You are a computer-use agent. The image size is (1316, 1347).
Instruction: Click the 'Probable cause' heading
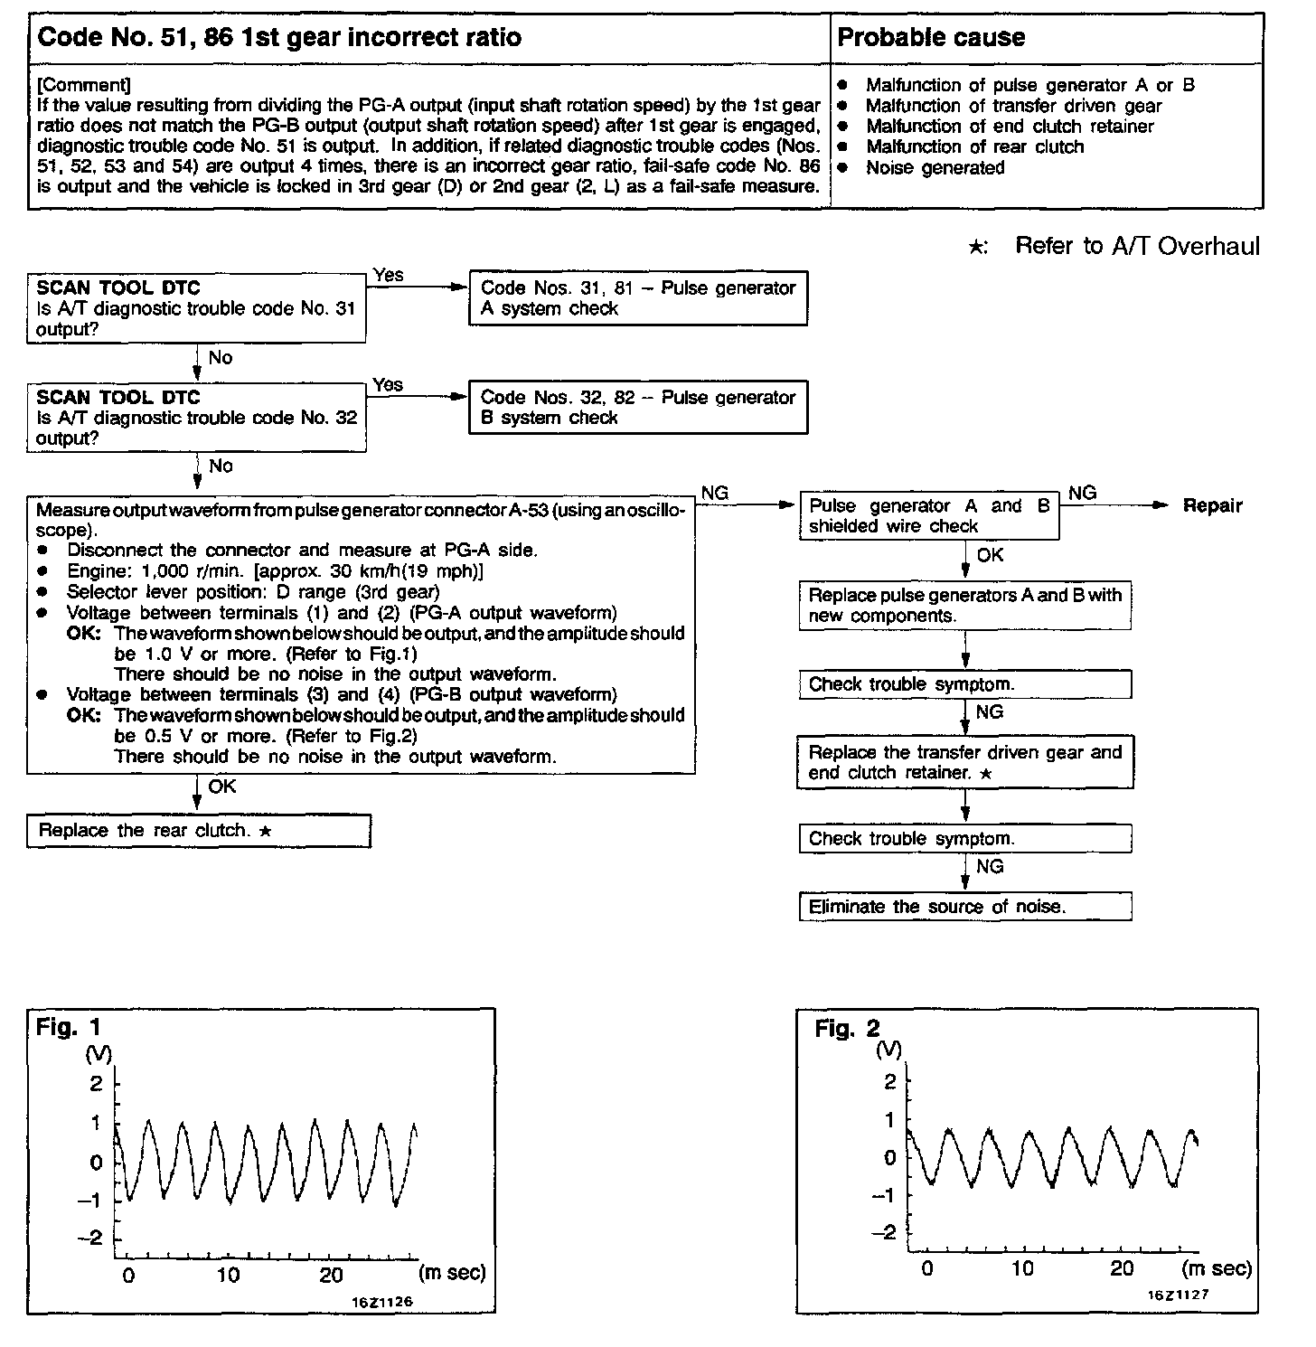click(931, 38)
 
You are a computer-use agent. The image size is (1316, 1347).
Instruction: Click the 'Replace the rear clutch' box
click(199, 831)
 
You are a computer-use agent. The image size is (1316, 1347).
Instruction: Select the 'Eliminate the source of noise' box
click(964, 907)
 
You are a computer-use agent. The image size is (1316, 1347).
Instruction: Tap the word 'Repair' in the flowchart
click(1212, 506)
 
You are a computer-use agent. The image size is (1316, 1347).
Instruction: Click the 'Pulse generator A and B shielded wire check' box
click(928, 516)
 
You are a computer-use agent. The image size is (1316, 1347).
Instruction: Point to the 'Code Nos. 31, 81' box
click(637, 298)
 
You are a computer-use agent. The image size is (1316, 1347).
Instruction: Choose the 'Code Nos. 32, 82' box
click(637, 408)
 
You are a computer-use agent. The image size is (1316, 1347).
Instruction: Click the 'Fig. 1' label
click(69, 1027)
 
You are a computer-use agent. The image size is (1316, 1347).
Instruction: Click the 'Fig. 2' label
click(847, 1029)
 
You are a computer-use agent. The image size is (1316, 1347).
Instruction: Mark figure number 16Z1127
click(1178, 1294)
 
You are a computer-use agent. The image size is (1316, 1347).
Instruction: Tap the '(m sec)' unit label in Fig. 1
click(453, 1273)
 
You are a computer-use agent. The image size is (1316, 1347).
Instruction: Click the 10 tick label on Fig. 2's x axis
click(1022, 1268)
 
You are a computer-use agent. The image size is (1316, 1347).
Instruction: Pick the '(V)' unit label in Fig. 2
click(888, 1050)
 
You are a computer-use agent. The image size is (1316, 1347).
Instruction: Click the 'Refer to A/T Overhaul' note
click(1136, 247)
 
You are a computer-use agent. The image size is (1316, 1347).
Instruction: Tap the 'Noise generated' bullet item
click(935, 168)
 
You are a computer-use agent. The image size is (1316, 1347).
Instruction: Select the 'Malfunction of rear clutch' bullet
click(974, 147)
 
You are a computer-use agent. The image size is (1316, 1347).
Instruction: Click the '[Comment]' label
click(84, 86)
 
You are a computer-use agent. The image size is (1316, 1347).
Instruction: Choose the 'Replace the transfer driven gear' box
click(964, 762)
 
